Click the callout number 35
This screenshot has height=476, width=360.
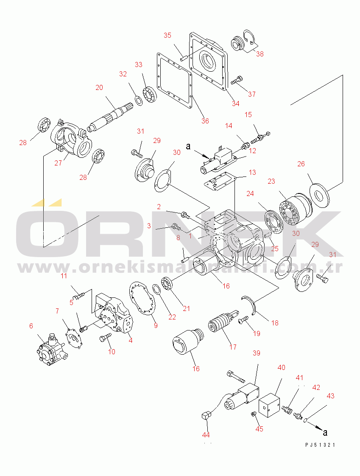167,35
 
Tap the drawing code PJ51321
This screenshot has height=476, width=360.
320,445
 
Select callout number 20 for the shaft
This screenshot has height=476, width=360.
99,87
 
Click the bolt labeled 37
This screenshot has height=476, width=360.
237,80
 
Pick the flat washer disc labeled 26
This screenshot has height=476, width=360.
319,195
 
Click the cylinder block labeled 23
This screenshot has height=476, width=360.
296,209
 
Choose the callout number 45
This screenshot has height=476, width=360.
259,428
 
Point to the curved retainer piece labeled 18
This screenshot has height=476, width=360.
249,304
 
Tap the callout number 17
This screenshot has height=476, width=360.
233,347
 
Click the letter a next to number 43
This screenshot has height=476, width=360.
325,432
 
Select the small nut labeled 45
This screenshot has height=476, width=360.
253,414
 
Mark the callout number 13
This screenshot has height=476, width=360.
252,172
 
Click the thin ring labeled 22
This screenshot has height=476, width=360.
156,289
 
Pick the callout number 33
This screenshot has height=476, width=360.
138,64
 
